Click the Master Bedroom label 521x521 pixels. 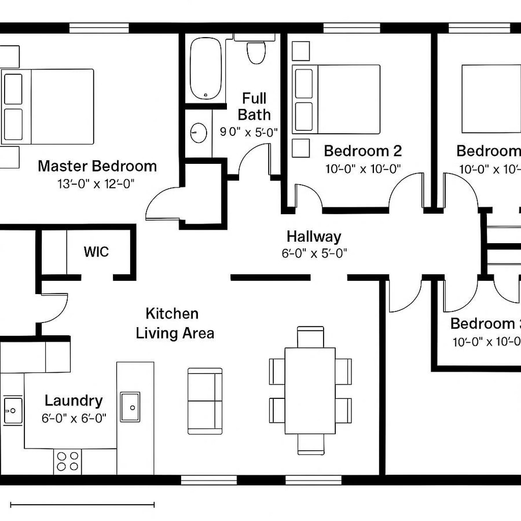point(97,166)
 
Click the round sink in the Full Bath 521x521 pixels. point(199,133)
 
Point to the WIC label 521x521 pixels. point(96,252)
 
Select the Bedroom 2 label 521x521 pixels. point(363,151)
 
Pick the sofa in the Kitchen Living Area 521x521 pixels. point(205,401)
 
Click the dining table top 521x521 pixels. point(310,391)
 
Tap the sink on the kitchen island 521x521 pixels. point(130,407)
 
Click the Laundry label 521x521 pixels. point(74,401)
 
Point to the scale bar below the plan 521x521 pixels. point(82,505)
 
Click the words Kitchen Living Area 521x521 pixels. point(174,324)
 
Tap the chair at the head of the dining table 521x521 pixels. point(310,336)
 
